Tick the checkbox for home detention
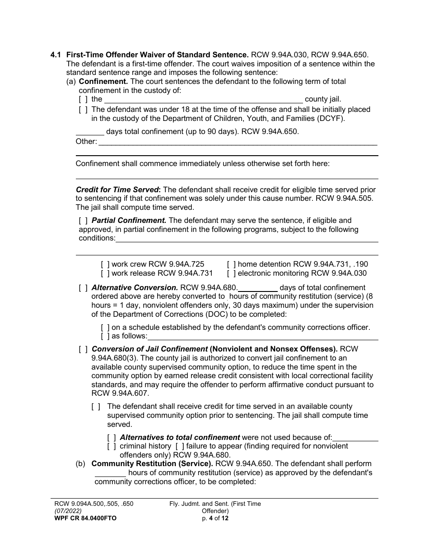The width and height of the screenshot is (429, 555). (x=231, y=264)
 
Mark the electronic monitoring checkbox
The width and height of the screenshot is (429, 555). (x=231, y=273)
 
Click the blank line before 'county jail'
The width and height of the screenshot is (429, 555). (x=203, y=99)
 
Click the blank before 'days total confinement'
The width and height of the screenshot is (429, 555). (x=90, y=132)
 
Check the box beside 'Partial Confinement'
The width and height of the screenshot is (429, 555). (x=83, y=221)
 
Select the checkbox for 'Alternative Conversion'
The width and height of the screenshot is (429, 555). (x=83, y=288)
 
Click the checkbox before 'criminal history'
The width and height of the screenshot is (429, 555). (x=112, y=446)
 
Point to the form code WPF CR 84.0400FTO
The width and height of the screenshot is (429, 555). (x=85, y=518)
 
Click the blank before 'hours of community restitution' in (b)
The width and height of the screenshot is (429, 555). (x=110, y=473)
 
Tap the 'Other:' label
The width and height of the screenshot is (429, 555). (x=86, y=142)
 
